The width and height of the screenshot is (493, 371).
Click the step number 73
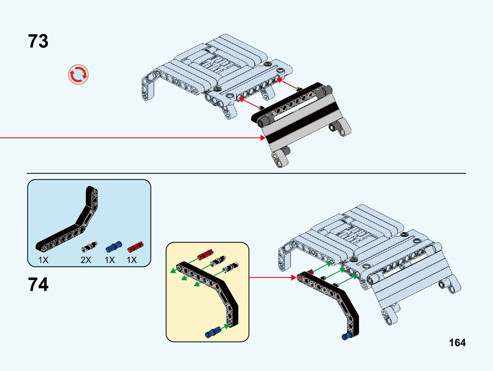(38, 41)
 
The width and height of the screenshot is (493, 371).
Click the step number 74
(38, 285)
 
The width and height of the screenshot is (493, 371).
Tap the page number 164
(457, 342)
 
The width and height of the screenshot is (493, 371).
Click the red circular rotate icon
(78, 75)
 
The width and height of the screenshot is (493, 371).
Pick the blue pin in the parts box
(114, 247)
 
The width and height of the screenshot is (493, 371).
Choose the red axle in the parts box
(135, 247)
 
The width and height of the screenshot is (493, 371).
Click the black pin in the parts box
(89, 247)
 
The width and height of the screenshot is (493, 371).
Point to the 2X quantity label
(86, 260)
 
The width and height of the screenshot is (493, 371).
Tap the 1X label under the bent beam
(43, 260)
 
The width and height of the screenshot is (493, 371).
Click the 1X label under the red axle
(132, 260)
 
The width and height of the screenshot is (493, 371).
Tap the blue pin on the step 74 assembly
(345, 336)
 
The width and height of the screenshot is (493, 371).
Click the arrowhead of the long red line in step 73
(263, 138)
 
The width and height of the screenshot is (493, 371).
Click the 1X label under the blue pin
(110, 260)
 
